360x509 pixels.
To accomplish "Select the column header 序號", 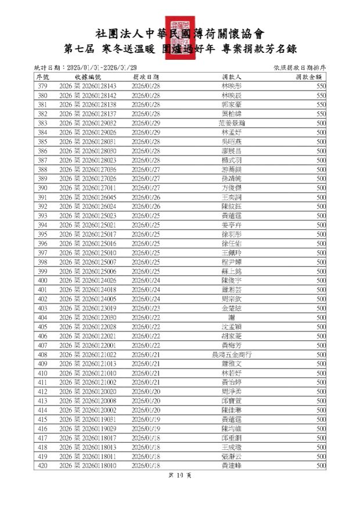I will tap(43, 77).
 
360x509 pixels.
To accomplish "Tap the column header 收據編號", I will tap(88, 77).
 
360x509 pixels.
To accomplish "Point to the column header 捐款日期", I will tap(146, 77).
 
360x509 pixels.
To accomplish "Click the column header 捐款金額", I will tap(307, 77).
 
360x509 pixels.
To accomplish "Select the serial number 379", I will tap(42, 86).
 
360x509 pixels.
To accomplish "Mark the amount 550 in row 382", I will tap(321, 114).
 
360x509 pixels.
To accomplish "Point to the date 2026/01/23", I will tap(146, 308).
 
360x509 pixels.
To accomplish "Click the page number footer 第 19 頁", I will tap(179, 475).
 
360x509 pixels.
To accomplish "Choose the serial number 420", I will tap(42, 465).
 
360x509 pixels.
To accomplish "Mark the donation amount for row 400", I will tap(321, 280).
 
